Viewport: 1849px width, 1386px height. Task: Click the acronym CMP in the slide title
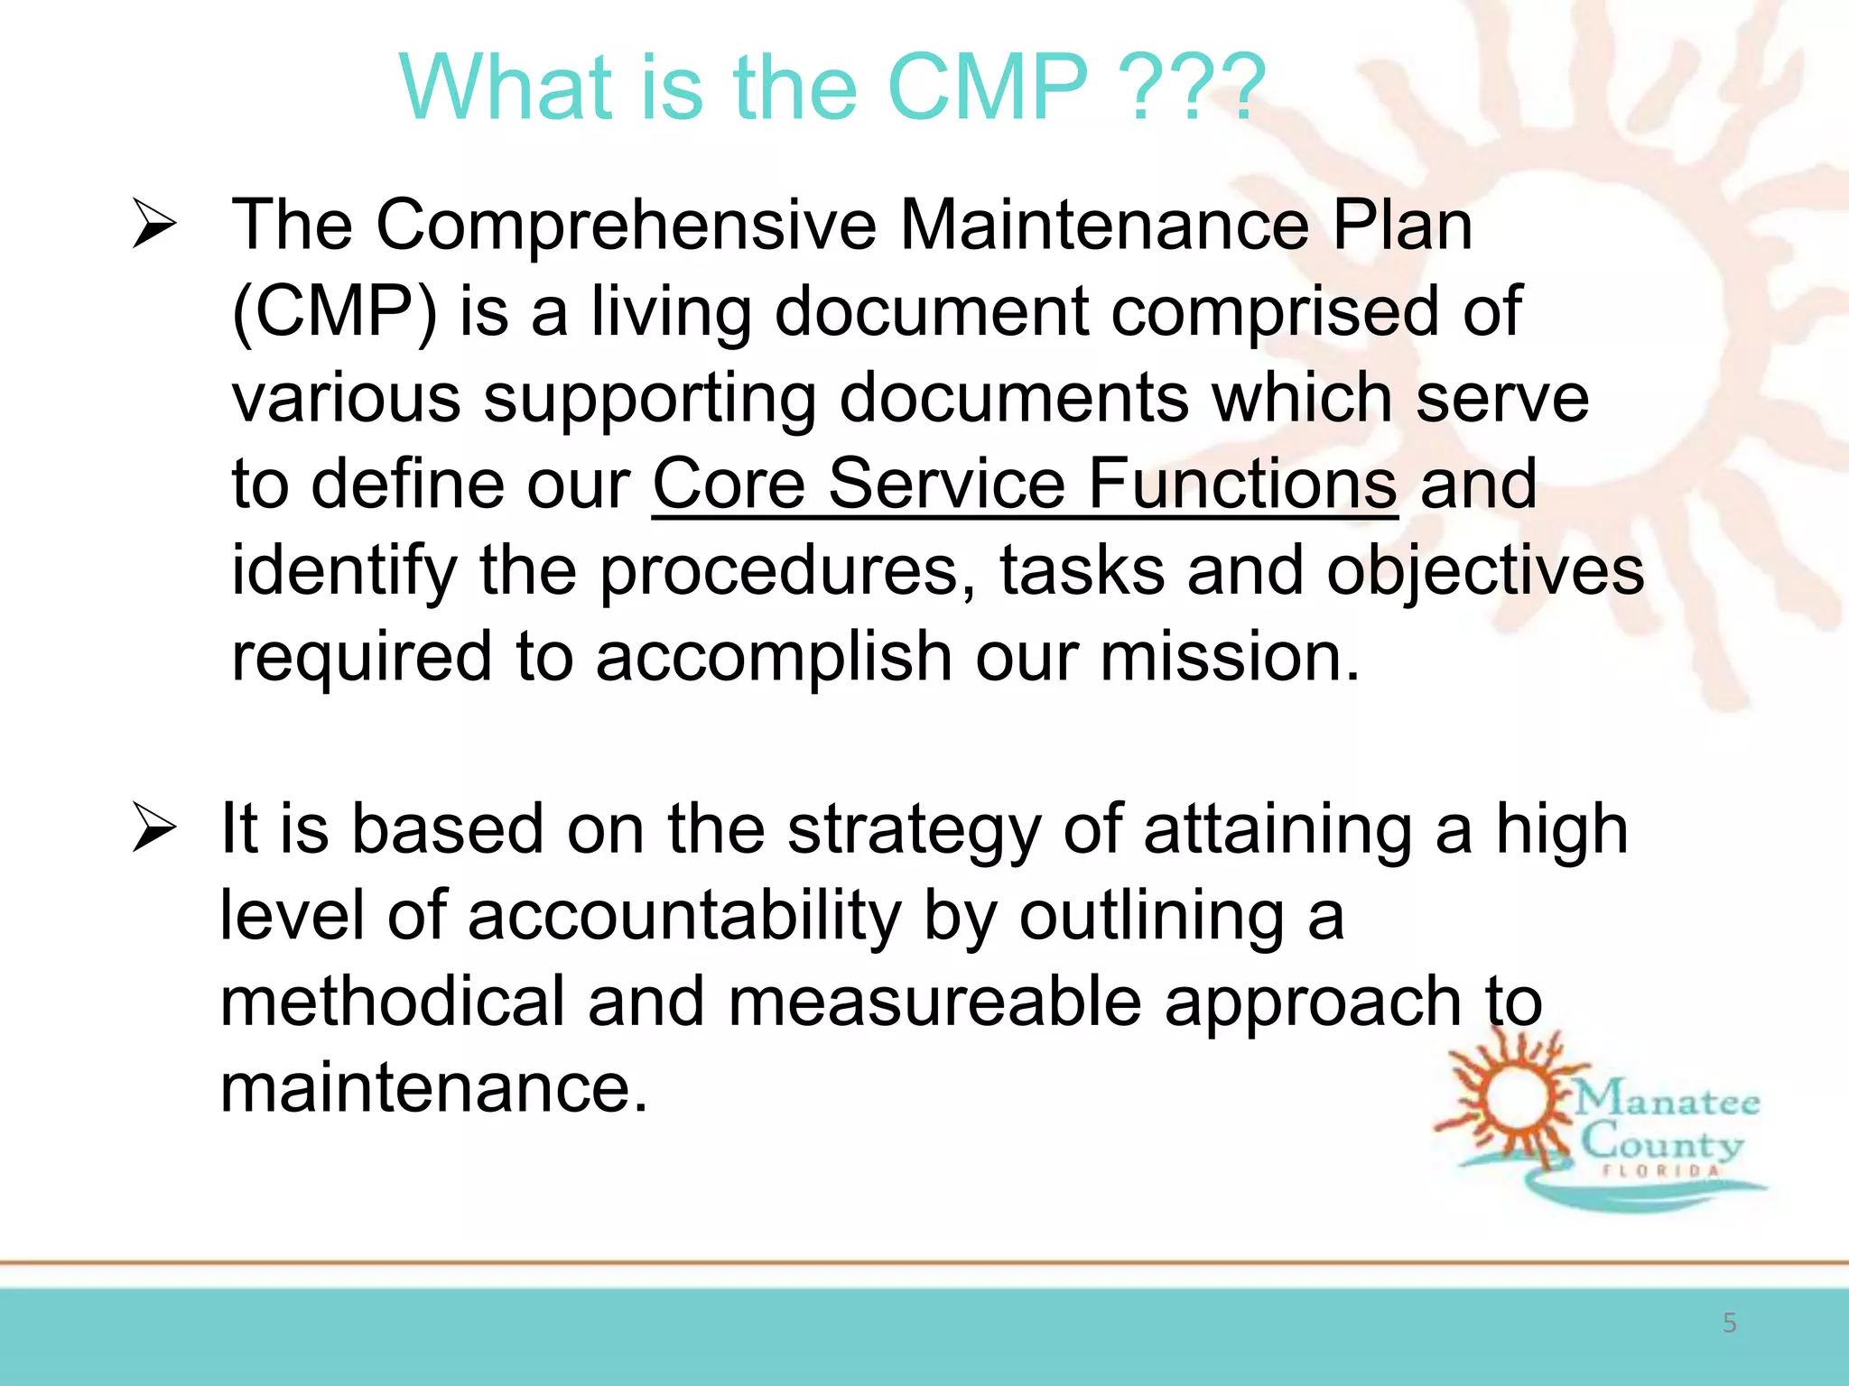point(989,88)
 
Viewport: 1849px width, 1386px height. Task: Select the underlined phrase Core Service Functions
point(1025,485)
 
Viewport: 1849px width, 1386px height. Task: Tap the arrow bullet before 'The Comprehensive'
point(153,225)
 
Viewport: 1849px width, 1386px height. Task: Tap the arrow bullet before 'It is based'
point(153,828)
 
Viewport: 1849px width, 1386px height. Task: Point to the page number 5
point(1729,1323)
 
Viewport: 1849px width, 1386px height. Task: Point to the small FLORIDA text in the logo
point(1661,1171)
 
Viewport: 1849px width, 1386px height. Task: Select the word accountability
point(684,916)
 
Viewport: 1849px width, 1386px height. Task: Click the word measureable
point(934,1003)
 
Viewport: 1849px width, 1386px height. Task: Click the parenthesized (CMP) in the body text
point(334,311)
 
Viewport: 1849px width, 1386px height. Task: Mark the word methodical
point(392,1003)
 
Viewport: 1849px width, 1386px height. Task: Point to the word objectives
point(1485,571)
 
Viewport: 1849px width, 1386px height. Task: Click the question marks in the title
point(1192,88)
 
